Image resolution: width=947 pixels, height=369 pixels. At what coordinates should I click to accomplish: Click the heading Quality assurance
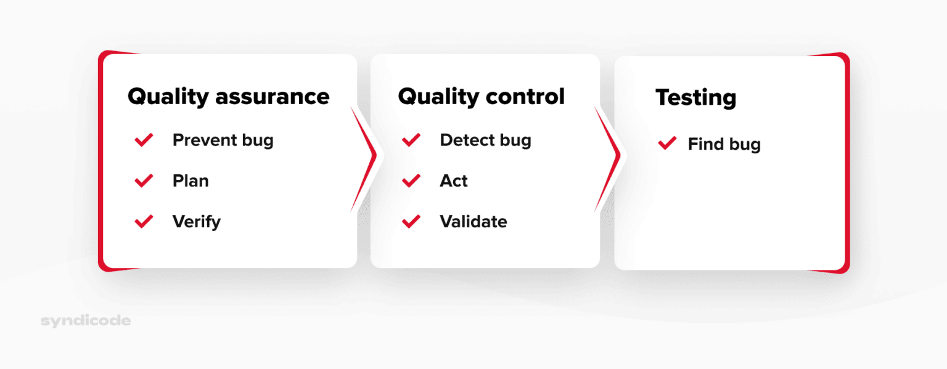pos(228,97)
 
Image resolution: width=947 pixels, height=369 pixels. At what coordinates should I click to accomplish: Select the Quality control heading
pos(481,97)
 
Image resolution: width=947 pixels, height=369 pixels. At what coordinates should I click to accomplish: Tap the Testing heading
pos(695,98)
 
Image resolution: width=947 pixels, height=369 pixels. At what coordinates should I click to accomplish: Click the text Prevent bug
pos(223,140)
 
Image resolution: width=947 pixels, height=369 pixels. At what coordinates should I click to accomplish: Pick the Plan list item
pos(191,181)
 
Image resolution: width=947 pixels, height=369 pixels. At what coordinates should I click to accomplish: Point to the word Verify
pos(196,222)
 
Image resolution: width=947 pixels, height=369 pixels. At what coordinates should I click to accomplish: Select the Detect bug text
pos(485,140)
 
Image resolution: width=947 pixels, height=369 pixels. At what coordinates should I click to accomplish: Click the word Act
pos(454,181)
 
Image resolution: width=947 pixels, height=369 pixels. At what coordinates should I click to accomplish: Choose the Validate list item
pos(473,222)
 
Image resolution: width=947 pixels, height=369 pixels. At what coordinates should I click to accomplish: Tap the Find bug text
pos(724,145)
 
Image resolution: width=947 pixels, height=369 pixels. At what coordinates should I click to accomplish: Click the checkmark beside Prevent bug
pos(144,140)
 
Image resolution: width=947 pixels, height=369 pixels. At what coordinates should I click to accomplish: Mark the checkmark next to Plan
pos(144,181)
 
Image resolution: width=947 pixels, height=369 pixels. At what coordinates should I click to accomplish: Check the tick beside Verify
pos(144,222)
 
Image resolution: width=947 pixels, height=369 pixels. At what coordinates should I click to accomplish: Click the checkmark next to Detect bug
pos(411,140)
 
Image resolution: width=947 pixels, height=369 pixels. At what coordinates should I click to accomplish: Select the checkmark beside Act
pos(411,181)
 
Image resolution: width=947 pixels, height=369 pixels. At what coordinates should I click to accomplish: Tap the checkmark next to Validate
pos(411,222)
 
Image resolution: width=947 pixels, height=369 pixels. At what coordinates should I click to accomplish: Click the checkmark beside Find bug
pos(667,144)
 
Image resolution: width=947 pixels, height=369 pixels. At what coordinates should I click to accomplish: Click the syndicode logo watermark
pos(85,321)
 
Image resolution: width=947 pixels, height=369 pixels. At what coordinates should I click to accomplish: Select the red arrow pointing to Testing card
pos(610,158)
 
